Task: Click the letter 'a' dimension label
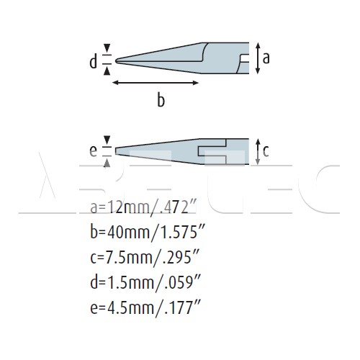click(x=266, y=58)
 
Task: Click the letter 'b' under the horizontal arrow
click(x=161, y=99)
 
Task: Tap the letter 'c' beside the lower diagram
click(x=266, y=151)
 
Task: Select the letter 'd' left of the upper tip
click(x=93, y=61)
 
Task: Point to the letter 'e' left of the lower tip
click(x=93, y=151)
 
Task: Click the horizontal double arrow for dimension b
click(x=156, y=83)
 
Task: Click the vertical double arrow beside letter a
click(x=258, y=58)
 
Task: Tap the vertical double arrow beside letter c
click(x=258, y=152)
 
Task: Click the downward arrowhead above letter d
click(x=107, y=48)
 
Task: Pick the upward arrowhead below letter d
click(x=107, y=71)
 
